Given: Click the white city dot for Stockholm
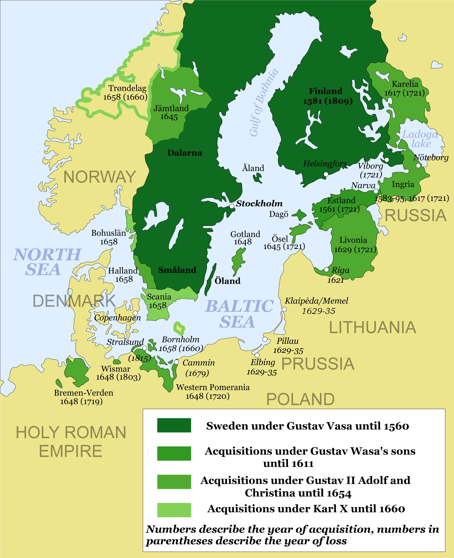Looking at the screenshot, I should pos(232,206).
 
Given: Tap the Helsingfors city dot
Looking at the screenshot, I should pos(326,174).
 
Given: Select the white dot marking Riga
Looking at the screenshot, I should pos(326,270).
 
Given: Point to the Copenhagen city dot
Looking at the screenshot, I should pos(136,313).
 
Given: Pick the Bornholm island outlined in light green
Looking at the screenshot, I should pos(179,328).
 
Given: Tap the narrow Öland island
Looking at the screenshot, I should pos(211,280).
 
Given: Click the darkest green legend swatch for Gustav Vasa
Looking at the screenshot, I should pos(174,425).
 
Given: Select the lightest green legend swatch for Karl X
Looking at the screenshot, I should pos(174,510).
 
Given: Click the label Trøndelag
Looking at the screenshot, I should pos(127,88).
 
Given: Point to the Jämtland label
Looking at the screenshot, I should pos(171,108).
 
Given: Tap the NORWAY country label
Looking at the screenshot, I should pos(100,177).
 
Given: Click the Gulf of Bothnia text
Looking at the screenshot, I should pos(264,103).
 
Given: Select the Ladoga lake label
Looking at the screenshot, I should pos(419,139).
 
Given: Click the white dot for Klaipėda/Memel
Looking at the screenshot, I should pos(284,309).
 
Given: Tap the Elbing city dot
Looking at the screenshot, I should pos(257,355).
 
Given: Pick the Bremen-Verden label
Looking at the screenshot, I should pos(83,393).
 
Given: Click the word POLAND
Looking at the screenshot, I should pos(300,399).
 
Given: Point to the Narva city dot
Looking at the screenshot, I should pos(376,191).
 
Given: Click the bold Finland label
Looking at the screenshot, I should pos(326,91).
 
